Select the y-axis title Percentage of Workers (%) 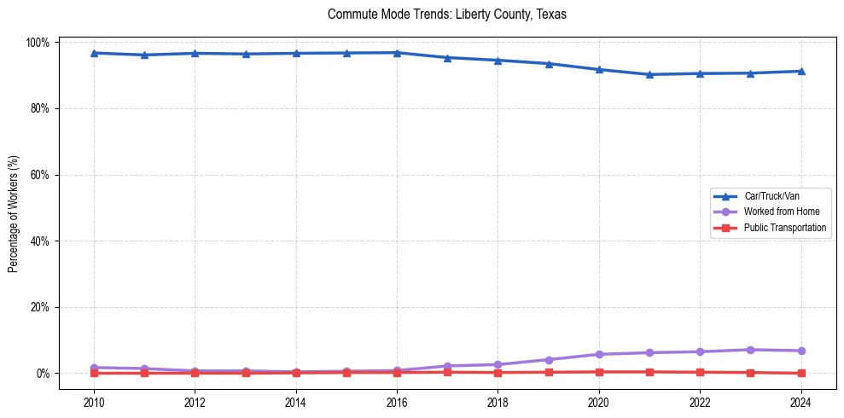13,208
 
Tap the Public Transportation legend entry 784,228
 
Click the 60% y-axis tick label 40,175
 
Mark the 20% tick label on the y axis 40,307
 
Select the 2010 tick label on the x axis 94,402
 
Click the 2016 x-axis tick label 397,402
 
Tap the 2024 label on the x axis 800,402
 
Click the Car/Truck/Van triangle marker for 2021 649,74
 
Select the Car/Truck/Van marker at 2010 94,53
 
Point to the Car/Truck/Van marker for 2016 397,53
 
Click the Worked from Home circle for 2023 750,350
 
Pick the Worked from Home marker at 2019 549,360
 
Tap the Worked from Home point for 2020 599,354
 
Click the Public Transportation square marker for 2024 800,373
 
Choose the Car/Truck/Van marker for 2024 800,71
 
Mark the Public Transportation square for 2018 498,372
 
